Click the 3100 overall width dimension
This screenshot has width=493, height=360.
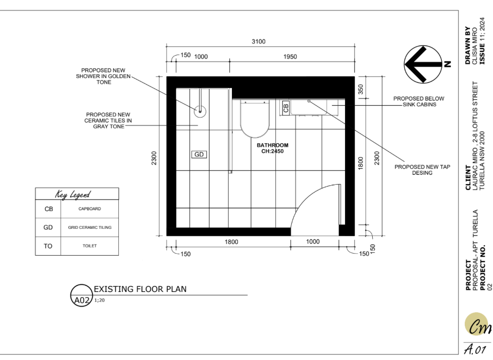point(258,42)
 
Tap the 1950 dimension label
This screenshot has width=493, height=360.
point(290,56)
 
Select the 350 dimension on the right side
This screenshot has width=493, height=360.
point(361,89)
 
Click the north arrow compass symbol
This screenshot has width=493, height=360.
point(423,64)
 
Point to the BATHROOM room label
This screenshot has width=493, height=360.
point(273,145)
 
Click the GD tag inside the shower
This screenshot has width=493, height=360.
point(199,155)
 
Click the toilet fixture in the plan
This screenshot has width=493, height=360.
point(255,119)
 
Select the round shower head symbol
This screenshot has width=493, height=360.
point(200,111)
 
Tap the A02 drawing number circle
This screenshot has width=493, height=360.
point(81,295)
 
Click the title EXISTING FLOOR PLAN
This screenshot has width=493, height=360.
point(140,289)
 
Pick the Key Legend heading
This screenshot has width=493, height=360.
point(73,194)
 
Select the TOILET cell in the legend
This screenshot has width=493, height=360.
point(90,246)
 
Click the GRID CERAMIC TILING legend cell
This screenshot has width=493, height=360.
point(90,227)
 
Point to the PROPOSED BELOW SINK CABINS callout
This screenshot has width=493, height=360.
point(419,101)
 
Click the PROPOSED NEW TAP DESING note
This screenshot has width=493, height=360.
point(422,170)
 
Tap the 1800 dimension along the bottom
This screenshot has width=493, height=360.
point(231,242)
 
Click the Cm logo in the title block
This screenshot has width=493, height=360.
point(477,325)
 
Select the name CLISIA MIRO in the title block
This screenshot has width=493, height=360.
point(475,46)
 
